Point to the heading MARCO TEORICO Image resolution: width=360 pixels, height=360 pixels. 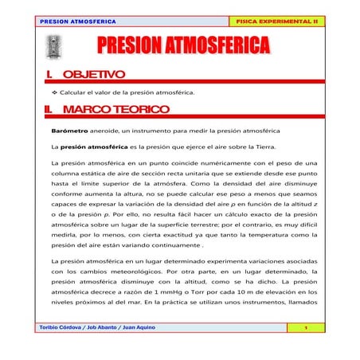(x=115, y=108)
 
